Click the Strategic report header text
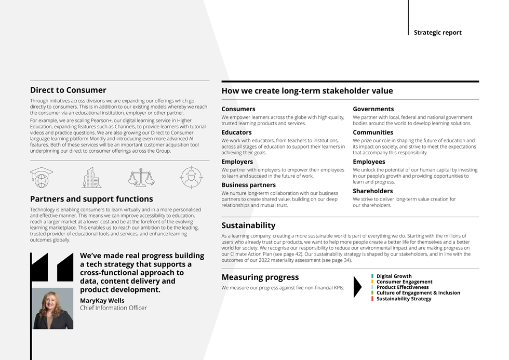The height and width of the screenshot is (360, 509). [x=437, y=32]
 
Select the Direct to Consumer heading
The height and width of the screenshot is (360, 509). [x=68, y=90]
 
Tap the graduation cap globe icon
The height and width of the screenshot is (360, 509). [x=41, y=177]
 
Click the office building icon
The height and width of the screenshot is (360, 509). [x=91, y=177]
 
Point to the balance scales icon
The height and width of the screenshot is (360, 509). [x=141, y=177]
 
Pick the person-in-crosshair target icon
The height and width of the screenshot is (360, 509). [x=191, y=177]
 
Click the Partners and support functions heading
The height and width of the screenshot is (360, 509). [x=91, y=198]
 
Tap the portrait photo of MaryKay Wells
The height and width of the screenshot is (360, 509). [x=53, y=309]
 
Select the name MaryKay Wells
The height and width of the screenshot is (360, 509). [x=102, y=300]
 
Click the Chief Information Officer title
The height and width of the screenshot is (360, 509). [x=113, y=308]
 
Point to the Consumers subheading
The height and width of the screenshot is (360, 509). [x=238, y=109]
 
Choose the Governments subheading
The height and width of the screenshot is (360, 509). [x=373, y=109]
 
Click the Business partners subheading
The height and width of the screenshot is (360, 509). [x=249, y=185]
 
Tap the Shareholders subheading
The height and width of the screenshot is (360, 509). [x=372, y=191]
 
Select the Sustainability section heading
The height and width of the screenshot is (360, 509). [x=248, y=225]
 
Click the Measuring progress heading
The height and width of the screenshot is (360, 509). [x=260, y=277]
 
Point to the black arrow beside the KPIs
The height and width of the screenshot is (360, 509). [x=357, y=287]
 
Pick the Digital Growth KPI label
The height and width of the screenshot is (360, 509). [x=394, y=276]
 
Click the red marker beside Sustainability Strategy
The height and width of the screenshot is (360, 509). [x=372, y=299]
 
